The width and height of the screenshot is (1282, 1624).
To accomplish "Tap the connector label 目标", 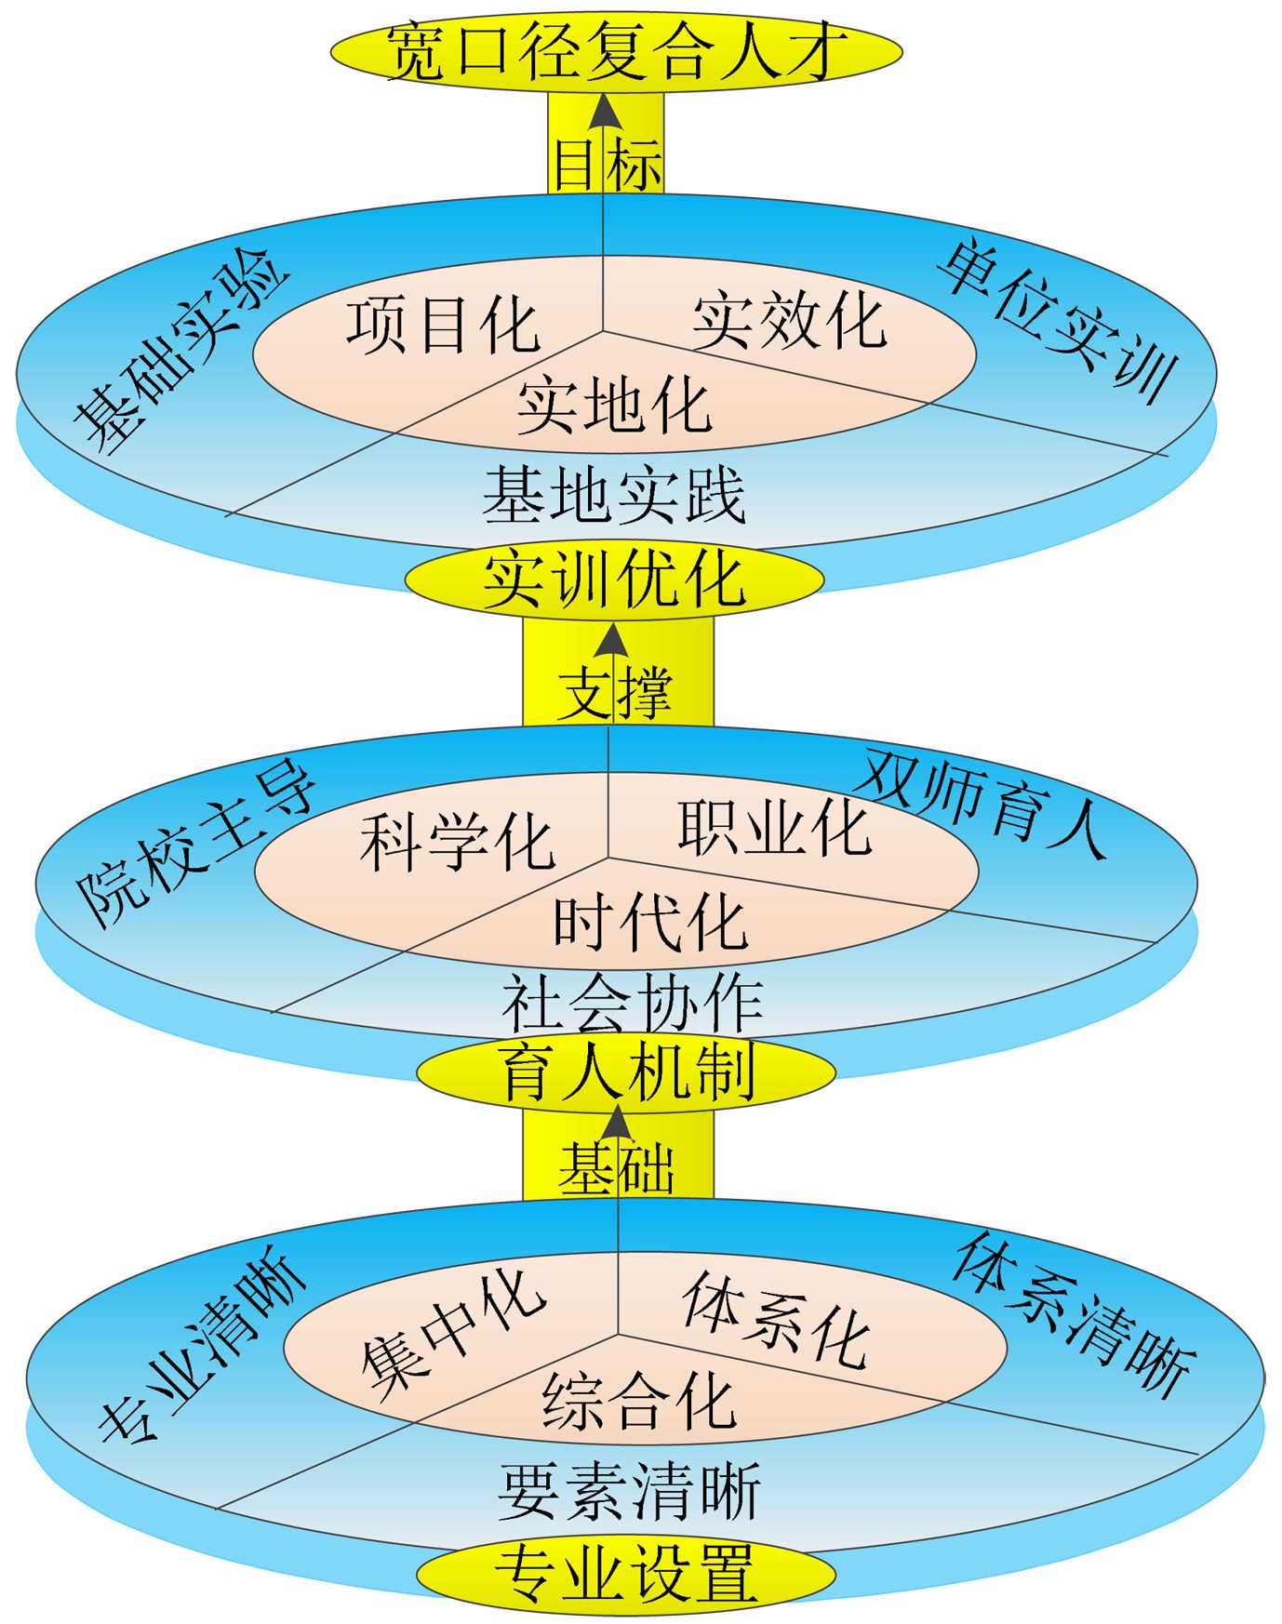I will pyautogui.click(x=607, y=165).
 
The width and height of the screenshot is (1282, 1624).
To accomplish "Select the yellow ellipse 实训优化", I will pyautogui.click(x=614, y=579).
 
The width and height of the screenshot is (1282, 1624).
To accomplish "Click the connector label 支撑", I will pyautogui.click(x=615, y=692).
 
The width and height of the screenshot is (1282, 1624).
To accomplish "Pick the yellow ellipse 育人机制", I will pyautogui.click(x=626, y=1072).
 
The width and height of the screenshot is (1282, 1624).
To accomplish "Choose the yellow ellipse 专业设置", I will pyautogui.click(x=625, y=1573).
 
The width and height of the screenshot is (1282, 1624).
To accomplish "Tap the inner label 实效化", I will pyautogui.click(x=789, y=321).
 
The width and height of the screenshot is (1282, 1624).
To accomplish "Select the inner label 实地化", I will pyautogui.click(x=614, y=406).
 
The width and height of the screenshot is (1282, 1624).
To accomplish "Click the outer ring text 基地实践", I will pyautogui.click(x=614, y=495).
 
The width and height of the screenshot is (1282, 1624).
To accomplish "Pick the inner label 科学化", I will pyautogui.click(x=458, y=842).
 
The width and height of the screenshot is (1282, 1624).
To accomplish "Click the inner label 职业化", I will pyautogui.click(x=774, y=828).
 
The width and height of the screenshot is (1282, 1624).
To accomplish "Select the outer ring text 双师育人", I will pyautogui.click(x=982, y=802).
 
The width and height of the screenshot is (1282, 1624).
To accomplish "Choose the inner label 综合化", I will pyautogui.click(x=639, y=1401).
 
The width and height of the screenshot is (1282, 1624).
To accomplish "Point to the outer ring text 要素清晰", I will pyautogui.click(x=630, y=1491).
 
